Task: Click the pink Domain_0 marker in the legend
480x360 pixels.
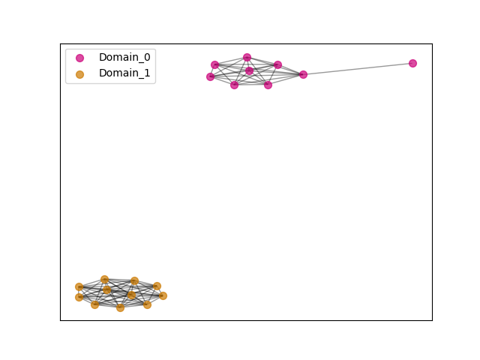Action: (79, 58)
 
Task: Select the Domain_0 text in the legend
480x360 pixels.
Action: (124, 57)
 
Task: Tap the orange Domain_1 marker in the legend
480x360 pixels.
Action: (79, 74)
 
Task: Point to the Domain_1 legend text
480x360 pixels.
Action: (124, 73)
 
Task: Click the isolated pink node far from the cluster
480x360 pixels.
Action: (412, 63)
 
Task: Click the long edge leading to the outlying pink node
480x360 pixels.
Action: (358, 69)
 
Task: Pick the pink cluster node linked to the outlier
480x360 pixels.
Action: (303, 74)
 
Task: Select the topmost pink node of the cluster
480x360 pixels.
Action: (247, 57)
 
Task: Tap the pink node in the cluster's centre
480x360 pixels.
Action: (250, 70)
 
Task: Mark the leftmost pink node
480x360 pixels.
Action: (210, 76)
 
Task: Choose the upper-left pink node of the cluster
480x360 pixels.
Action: (215, 65)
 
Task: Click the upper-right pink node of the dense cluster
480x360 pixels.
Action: (277, 65)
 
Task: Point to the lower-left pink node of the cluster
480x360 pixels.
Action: (234, 85)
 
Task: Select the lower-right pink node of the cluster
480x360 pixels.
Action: (268, 85)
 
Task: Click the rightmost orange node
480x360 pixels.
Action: (163, 295)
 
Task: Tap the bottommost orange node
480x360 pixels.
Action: (120, 307)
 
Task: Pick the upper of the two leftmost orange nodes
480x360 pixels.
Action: (79, 286)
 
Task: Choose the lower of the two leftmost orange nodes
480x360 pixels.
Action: (79, 297)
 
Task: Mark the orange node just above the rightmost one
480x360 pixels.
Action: (157, 286)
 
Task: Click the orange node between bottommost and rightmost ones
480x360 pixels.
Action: (147, 304)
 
